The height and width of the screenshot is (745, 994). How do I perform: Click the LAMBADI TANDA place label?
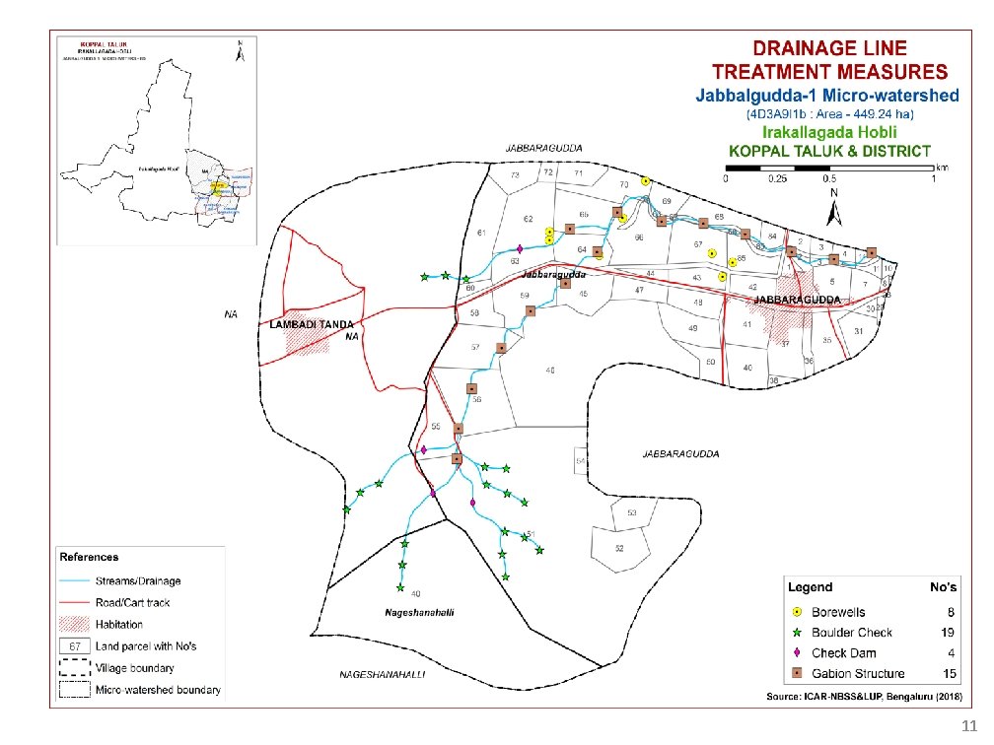point(306,323)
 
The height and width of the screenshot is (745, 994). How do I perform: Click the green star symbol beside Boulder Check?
point(796,633)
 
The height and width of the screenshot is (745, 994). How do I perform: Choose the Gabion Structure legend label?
point(858,674)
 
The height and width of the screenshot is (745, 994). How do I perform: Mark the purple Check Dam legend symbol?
point(796,653)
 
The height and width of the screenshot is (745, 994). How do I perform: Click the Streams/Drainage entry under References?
point(137,580)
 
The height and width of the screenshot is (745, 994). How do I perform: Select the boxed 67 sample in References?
point(74,645)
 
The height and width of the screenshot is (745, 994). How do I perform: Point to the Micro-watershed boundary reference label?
point(158,690)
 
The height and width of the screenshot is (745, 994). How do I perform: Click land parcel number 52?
point(619,548)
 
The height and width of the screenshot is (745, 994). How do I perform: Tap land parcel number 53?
point(631,513)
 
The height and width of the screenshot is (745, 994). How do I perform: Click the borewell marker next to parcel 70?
point(645,181)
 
